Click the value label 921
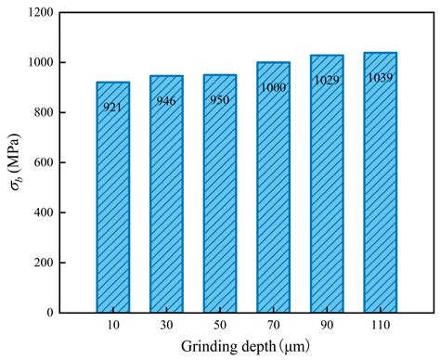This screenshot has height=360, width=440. click(113, 108)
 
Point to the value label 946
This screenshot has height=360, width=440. click(166, 100)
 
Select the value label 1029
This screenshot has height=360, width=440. click(327, 81)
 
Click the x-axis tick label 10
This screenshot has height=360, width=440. click(113, 326)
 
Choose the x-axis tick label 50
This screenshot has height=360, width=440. click(220, 326)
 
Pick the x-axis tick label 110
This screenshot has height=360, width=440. click(380, 326)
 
